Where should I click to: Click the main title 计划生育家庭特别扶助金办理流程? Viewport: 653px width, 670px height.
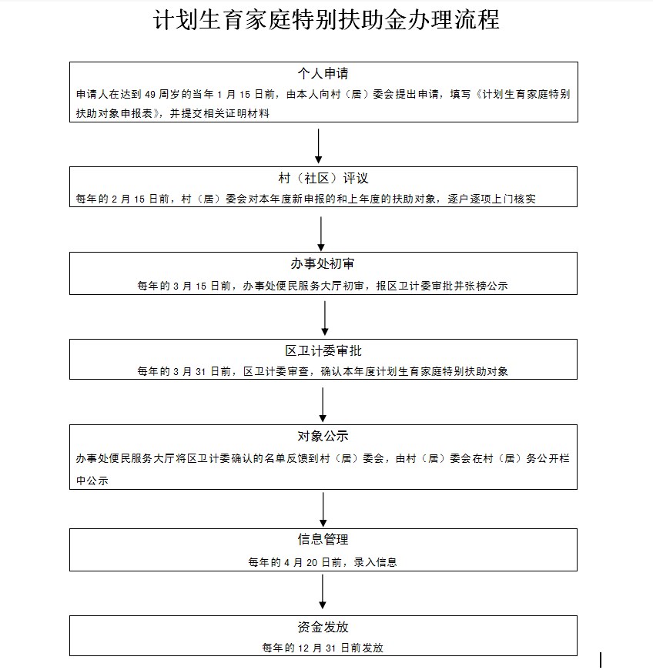click(326, 20)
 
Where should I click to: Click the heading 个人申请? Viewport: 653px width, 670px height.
click(323, 73)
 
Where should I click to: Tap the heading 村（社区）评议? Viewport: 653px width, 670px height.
click(323, 178)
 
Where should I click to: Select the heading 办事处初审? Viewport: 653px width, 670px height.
click(323, 263)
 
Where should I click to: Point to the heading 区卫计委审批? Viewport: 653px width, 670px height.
click(323, 351)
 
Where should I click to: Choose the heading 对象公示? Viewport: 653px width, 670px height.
click(323, 436)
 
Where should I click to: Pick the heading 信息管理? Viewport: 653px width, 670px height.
click(323, 539)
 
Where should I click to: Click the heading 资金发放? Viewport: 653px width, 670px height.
click(323, 627)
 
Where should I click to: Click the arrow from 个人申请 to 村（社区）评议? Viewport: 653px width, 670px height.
click(318, 146)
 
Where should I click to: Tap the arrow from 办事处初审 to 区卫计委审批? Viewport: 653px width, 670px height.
click(325, 318)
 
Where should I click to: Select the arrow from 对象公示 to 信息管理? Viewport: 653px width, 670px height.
click(323, 509)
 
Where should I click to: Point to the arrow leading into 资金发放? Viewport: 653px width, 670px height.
click(323, 591)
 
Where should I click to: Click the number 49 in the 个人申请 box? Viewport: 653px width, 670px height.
click(149, 95)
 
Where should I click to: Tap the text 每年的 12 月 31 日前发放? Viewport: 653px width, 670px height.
click(323, 648)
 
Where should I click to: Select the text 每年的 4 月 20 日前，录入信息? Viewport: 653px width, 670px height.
click(323, 562)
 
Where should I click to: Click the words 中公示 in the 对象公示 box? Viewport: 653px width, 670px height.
click(92, 481)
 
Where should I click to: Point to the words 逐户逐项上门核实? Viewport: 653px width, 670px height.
click(491, 199)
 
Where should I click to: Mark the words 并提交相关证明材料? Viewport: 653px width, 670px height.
click(219, 113)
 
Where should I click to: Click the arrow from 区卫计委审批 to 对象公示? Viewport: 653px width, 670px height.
click(323, 404)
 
